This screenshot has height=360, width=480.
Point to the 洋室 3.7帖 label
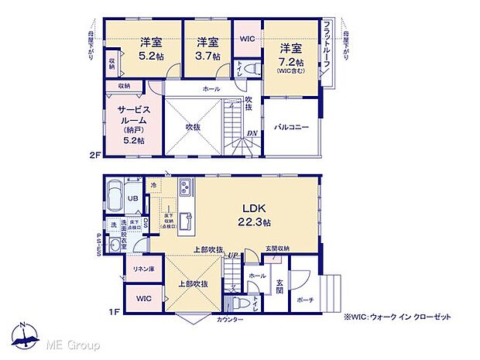pos(207,48)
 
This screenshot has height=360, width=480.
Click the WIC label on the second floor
pos(247,38)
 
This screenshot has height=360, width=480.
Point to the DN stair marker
pos(252,132)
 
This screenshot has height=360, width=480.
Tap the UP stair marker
pos(232,253)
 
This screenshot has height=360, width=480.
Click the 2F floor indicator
pos(94,155)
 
